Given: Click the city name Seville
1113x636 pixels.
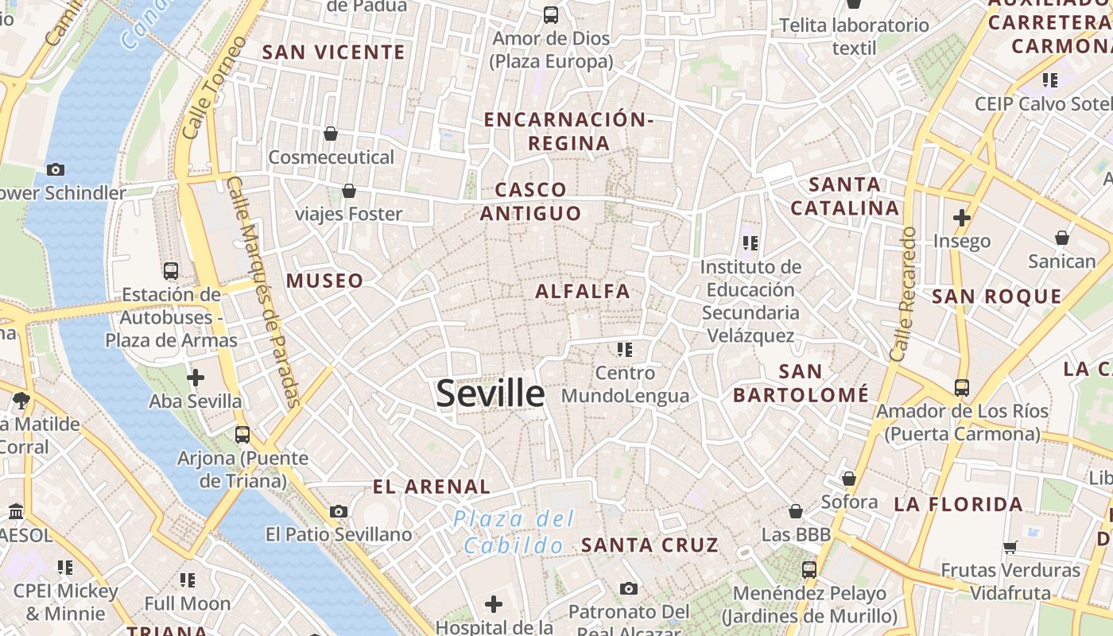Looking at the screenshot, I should [491, 394].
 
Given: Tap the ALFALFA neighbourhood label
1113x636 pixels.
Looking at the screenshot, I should [583, 292].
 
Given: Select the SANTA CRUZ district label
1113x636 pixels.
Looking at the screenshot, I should [650, 545].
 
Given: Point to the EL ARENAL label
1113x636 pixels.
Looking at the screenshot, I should [432, 487].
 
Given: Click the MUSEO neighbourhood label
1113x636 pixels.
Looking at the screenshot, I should [324, 281].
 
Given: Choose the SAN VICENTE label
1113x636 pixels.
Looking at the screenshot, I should [334, 52].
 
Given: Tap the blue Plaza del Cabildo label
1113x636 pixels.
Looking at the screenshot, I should [514, 533].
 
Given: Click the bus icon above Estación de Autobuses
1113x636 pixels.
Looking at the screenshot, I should [171, 271].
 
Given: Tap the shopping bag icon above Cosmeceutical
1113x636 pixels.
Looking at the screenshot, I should [331, 134].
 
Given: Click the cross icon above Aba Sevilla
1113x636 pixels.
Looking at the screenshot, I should [196, 378].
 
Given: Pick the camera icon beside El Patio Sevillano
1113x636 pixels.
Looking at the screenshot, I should [339, 511].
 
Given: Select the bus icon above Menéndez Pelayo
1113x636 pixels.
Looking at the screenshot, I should [809, 570].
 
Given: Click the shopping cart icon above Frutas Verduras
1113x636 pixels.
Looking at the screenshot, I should [1010, 547].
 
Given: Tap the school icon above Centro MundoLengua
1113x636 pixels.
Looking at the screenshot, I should [625, 349].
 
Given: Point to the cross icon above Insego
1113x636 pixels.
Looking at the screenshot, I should [962, 217].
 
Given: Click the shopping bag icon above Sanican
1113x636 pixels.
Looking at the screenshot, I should [1062, 238].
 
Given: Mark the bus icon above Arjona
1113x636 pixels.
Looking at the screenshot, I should [242, 435].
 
